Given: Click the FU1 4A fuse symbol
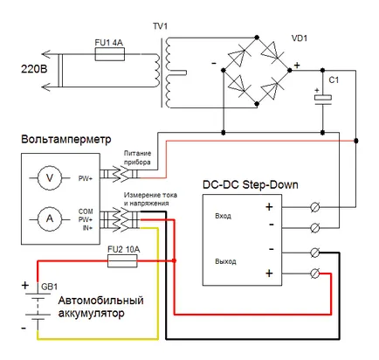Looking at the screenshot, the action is [110, 54].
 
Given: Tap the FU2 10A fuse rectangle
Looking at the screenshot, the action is [122, 260].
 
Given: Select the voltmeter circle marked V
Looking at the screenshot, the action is [50, 177].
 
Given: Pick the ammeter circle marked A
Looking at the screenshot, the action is [50, 219].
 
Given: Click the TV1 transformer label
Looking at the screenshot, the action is [160, 26].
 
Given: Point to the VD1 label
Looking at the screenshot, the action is [300, 38].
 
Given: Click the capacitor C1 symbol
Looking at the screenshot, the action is [322, 98].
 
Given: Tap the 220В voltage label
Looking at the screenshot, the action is [34, 69].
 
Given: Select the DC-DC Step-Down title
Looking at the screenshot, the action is [251, 184].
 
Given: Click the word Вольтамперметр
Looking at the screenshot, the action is [66, 139].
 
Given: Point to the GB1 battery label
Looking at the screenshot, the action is [49, 287].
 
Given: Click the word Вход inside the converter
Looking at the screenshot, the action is [223, 216].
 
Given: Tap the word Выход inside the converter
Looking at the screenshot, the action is [225, 261].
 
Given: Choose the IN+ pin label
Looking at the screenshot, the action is [87, 228].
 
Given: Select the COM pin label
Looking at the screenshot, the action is [86, 211].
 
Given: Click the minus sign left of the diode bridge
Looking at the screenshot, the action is [214, 63].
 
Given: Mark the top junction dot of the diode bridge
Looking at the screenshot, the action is [257, 38].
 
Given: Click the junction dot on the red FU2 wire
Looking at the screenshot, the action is [175, 260].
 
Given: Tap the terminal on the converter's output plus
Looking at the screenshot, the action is [315, 273].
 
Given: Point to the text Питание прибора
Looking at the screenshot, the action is [137, 157].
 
